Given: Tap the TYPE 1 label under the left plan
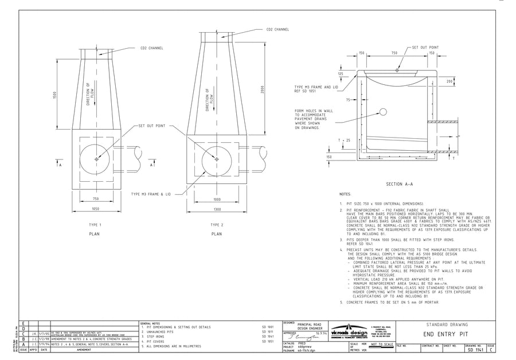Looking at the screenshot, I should click(95, 225).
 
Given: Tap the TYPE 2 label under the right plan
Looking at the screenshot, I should click(217, 225).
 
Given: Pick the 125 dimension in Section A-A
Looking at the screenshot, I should click(341, 74).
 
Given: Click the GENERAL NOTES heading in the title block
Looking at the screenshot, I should click(151, 323).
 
